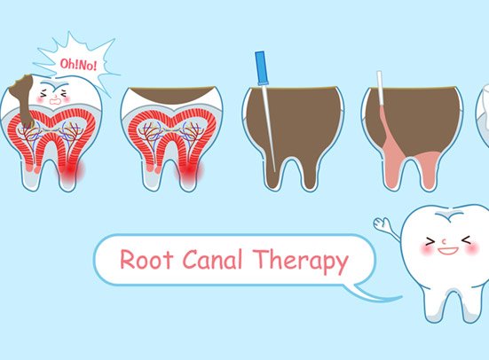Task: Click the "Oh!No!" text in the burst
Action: coord(78,65)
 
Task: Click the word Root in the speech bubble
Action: coord(146,259)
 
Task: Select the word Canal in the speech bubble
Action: coord(212,259)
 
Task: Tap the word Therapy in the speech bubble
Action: coord(300,262)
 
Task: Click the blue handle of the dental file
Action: coord(261,68)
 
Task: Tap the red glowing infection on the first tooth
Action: coord(71,170)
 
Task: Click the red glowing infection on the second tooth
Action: coord(190,170)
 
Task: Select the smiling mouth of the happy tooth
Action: coord(447,251)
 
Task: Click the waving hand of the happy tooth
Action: coord(382,223)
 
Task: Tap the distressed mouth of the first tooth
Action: coord(55,101)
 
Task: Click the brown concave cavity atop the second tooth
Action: coord(172,94)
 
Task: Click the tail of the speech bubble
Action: coord(374,293)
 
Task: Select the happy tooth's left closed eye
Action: coord(430,241)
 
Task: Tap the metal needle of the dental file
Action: coord(270,128)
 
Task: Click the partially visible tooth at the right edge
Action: coord(482,113)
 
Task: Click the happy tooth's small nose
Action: coord(444,240)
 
